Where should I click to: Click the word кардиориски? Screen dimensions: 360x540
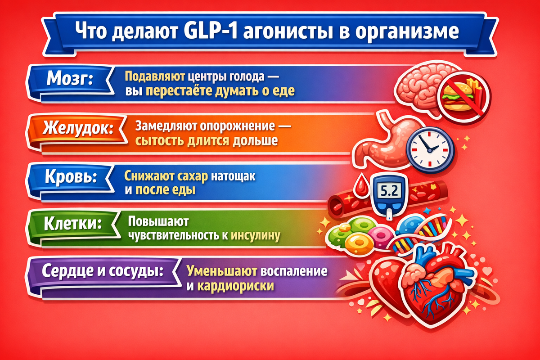tap(236, 285)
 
